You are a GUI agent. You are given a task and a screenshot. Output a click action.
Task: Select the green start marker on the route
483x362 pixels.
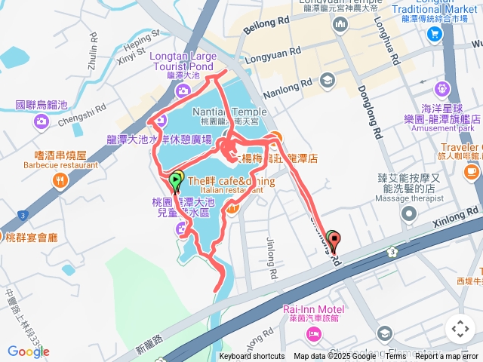tap(176, 180)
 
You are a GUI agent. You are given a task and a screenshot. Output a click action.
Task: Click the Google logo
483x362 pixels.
tap(28, 351)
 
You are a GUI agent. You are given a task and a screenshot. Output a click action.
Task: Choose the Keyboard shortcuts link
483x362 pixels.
tap(252, 357)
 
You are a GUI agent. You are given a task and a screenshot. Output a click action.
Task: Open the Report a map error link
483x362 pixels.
tap(447, 357)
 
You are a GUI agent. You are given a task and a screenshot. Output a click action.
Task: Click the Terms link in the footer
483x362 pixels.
tap(395, 357)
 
